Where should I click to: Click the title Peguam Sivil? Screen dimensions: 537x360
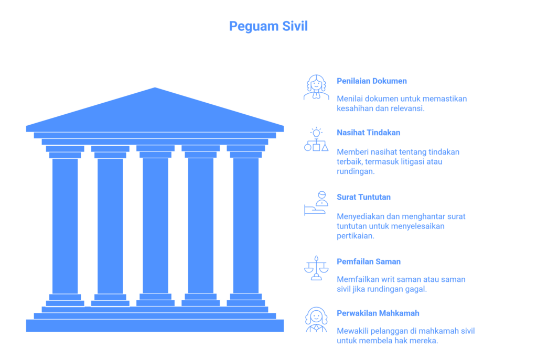pyautogui.click(x=268, y=26)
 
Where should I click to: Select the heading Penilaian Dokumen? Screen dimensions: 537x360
pyautogui.click(x=372, y=81)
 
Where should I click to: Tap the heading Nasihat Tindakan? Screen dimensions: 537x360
pyautogui.click(x=368, y=133)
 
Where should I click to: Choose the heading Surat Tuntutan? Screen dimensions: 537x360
pyautogui.click(x=363, y=197)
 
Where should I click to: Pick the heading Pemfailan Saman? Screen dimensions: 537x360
pyautogui.click(x=369, y=262)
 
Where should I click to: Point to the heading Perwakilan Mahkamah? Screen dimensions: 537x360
pyautogui.click(x=378, y=313)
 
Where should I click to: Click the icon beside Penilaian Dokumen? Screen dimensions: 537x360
pyautogui.click(x=316, y=88)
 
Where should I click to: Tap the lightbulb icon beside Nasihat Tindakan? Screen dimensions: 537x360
pyautogui.click(x=316, y=139)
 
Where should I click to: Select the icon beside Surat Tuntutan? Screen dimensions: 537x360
pyautogui.click(x=316, y=204)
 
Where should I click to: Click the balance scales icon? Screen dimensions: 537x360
pyautogui.click(x=316, y=268)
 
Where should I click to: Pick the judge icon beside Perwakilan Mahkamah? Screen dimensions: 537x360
pyautogui.click(x=316, y=320)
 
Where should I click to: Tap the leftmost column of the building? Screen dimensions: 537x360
pyautogui.click(x=65, y=226)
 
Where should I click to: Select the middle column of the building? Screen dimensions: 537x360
pyautogui.click(x=155, y=226)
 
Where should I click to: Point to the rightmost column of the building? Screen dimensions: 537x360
pyautogui.click(x=246, y=226)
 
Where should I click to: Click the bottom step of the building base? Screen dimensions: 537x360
pyautogui.click(x=155, y=326)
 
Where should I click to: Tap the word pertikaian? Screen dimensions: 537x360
pyautogui.click(x=355, y=236)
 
